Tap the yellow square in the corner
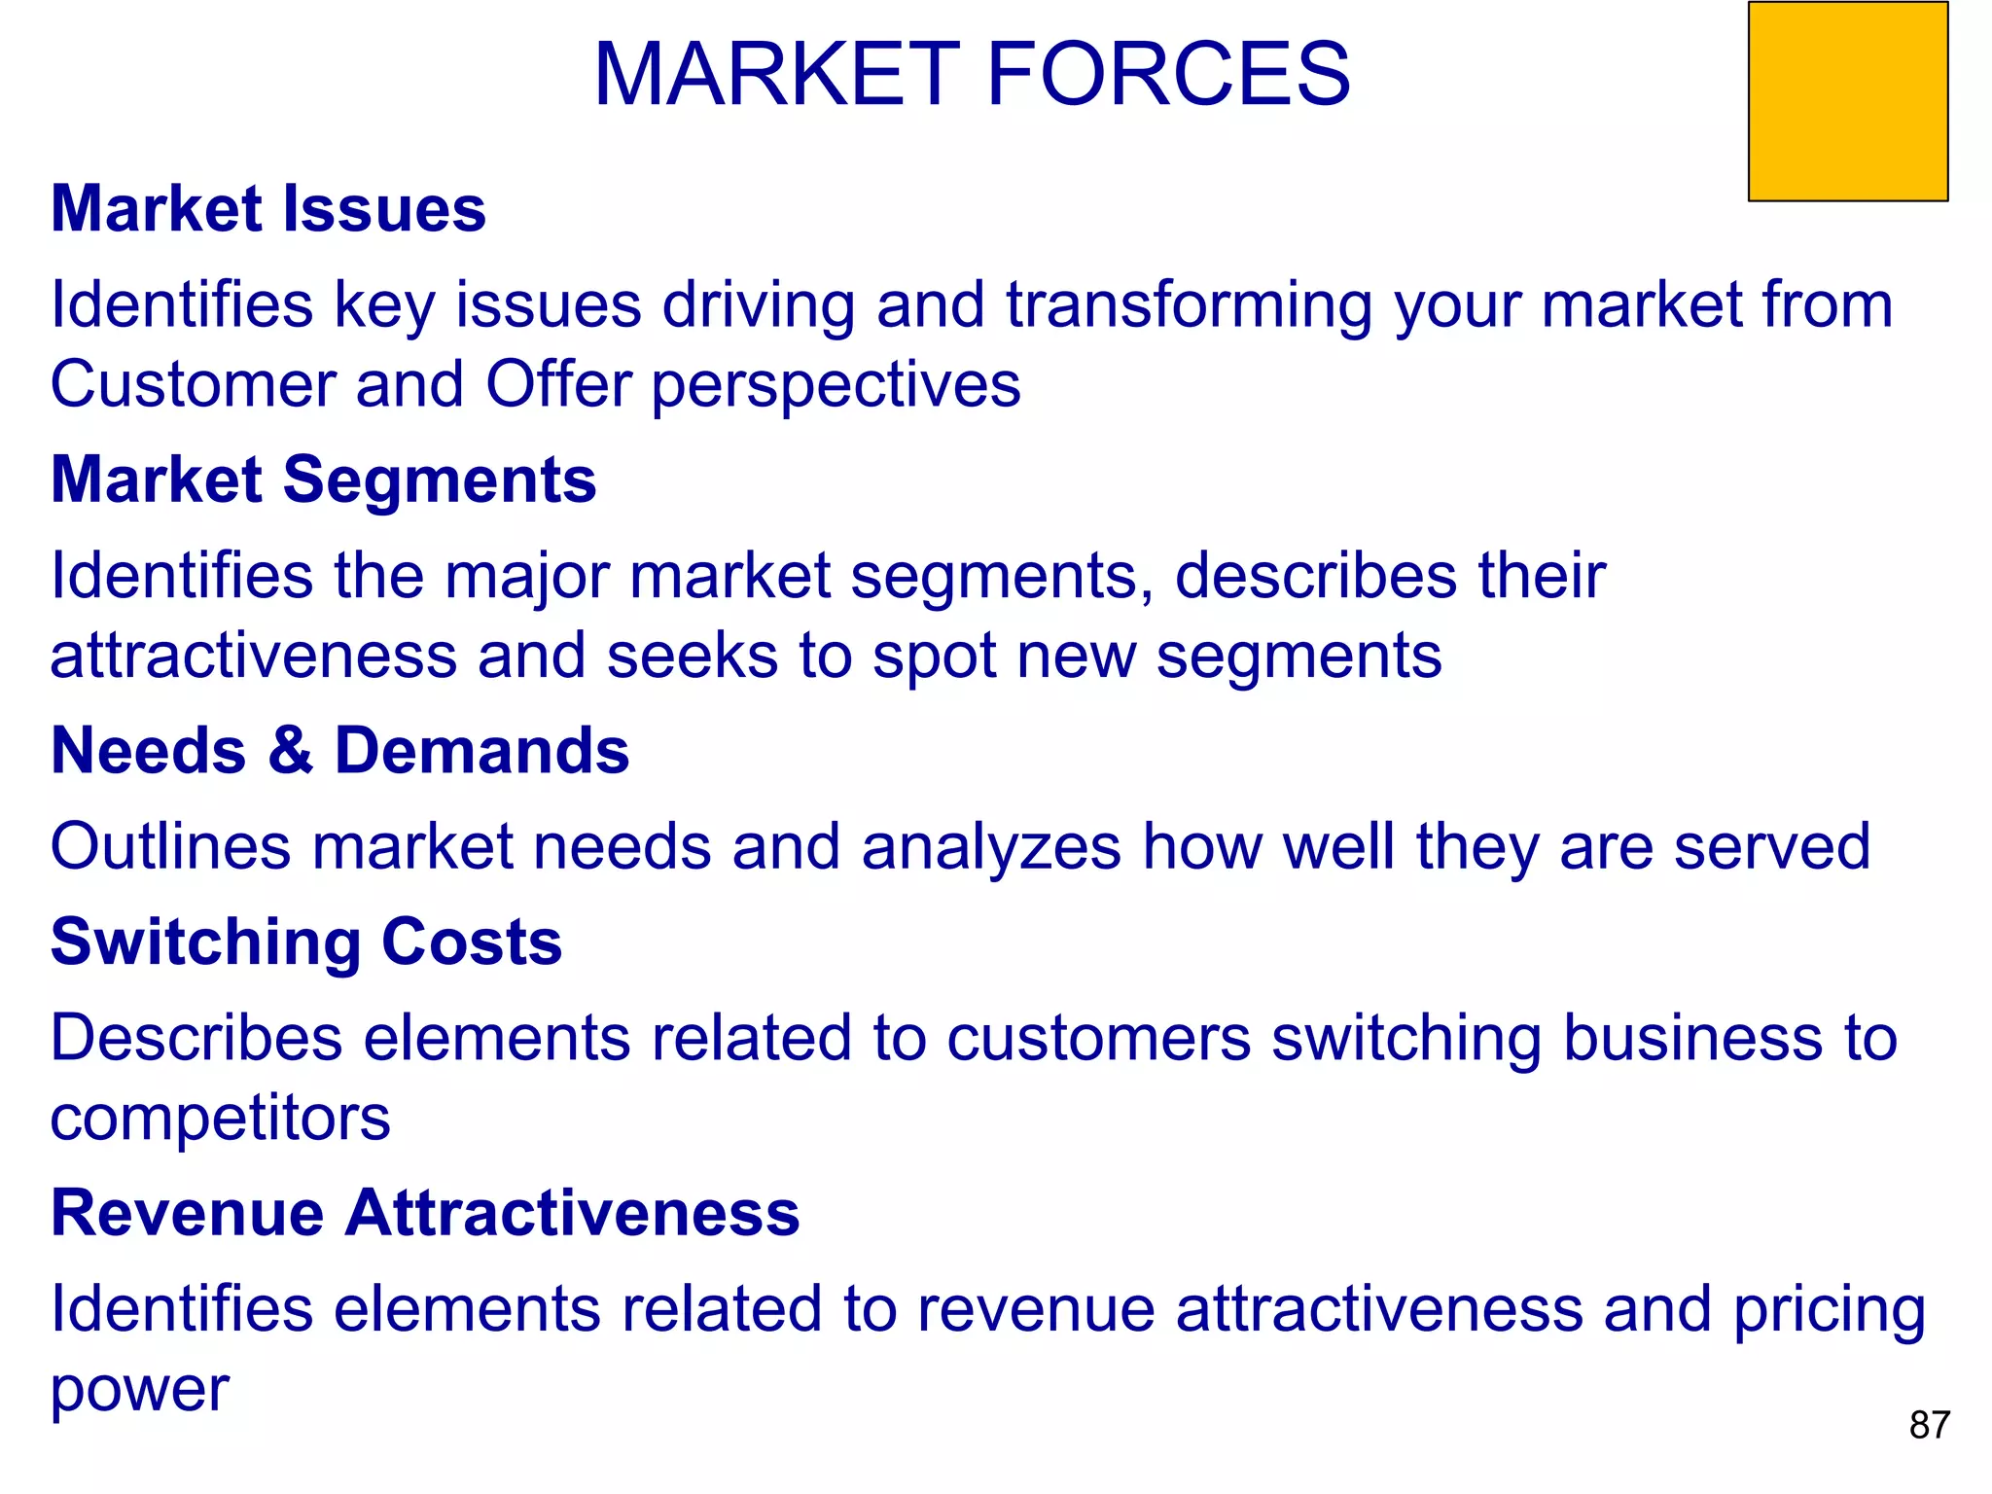coord(1847,102)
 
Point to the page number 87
coord(1929,1425)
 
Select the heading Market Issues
coord(268,209)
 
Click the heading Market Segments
coord(323,480)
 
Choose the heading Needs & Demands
coord(339,751)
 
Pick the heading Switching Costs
coord(306,942)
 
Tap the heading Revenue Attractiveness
coord(425,1213)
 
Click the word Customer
coord(193,384)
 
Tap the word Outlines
coord(170,846)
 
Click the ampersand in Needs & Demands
coord(290,751)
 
